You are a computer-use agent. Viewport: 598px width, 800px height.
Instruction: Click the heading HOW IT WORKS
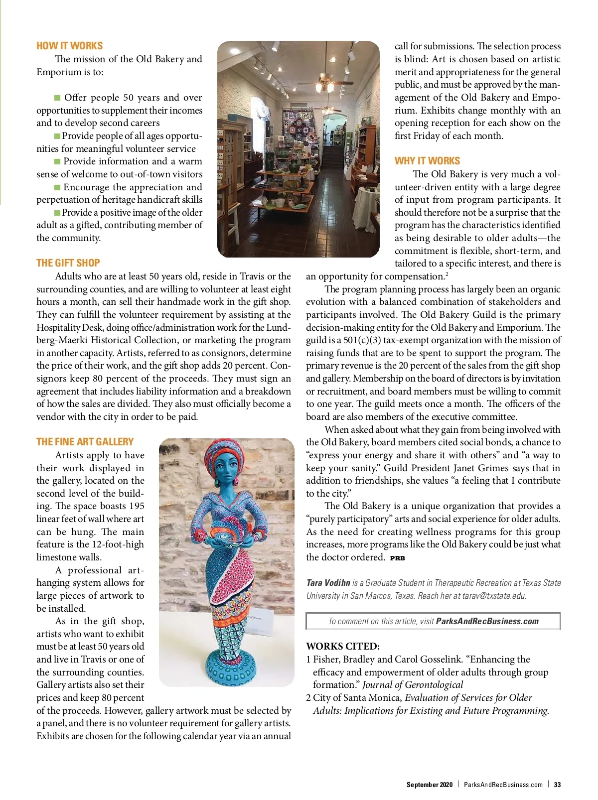click(x=69, y=46)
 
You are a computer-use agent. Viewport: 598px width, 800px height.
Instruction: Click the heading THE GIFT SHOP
click(x=68, y=263)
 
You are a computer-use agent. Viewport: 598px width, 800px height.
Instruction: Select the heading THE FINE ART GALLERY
click(x=85, y=442)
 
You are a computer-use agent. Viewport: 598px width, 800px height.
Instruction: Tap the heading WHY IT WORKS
click(x=427, y=161)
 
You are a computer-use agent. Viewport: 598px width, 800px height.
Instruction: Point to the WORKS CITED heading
click(x=343, y=646)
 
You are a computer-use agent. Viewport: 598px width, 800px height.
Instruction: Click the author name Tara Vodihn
click(x=328, y=583)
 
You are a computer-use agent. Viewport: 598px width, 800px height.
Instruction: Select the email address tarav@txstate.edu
click(x=493, y=596)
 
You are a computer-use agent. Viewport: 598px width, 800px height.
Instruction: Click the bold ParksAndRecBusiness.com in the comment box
click(x=487, y=621)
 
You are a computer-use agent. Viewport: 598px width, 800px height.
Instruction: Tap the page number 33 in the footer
click(x=557, y=785)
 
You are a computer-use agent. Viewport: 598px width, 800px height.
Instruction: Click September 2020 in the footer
click(x=429, y=785)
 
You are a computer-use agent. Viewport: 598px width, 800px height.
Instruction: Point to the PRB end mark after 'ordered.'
click(x=397, y=558)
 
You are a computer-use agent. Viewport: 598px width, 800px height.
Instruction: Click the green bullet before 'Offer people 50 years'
click(x=57, y=98)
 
